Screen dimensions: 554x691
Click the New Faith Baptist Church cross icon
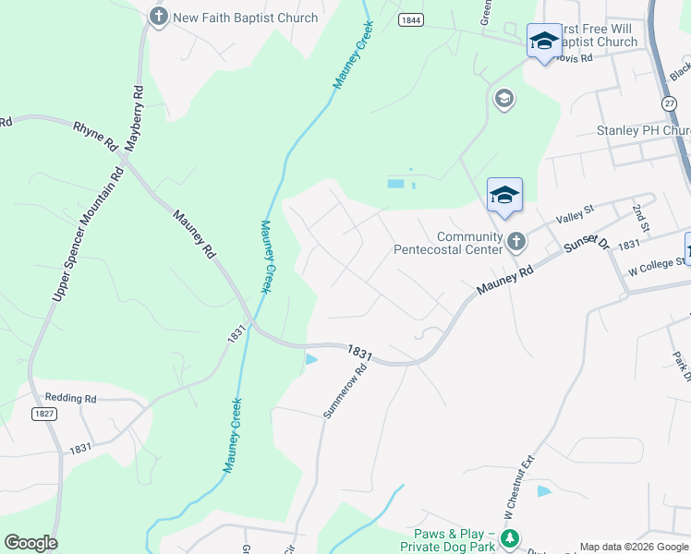[x=159, y=17]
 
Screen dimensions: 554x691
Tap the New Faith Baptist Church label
[x=245, y=18]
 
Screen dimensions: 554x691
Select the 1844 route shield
[x=412, y=19]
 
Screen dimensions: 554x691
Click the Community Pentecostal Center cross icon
[x=516, y=242]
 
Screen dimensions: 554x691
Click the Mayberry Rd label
[x=137, y=117]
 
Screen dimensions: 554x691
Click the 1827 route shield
[x=44, y=414]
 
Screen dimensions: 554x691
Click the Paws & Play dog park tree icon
[x=508, y=538]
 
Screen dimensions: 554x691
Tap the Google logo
[x=30, y=543]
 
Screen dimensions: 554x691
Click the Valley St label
[x=574, y=218]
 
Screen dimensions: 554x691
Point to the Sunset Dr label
[x=588, y=243]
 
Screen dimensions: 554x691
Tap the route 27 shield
[x=670, y=103]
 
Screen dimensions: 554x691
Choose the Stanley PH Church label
[x=644, y=130]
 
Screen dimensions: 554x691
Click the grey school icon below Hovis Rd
[x=503, y=99]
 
